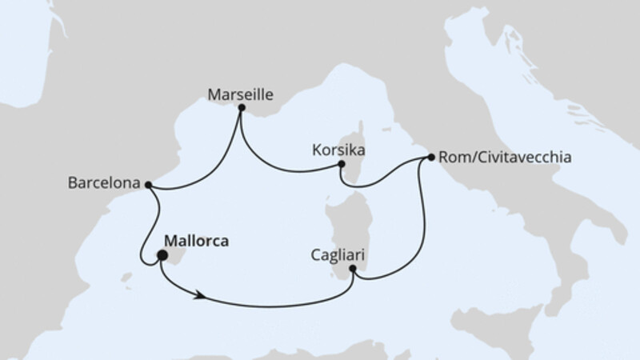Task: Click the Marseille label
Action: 241,94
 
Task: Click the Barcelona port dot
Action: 148,184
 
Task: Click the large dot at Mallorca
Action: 162,256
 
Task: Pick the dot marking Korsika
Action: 341,164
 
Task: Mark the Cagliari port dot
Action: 353,269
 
